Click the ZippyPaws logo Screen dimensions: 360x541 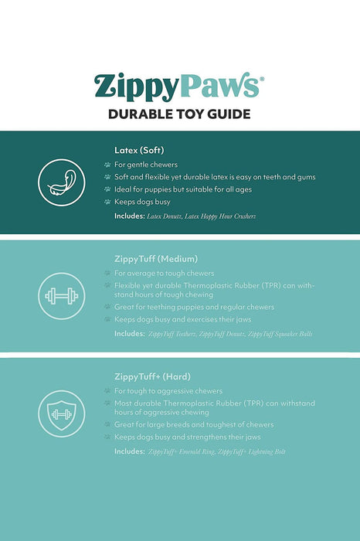(x=179, y=85)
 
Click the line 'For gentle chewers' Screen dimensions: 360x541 (x=146, y=165)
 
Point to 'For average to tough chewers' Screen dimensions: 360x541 (x=165, y=274)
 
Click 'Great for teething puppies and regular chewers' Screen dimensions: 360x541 (x=193, y=307)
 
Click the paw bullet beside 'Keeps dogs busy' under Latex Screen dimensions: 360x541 (x=107, y=202)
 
